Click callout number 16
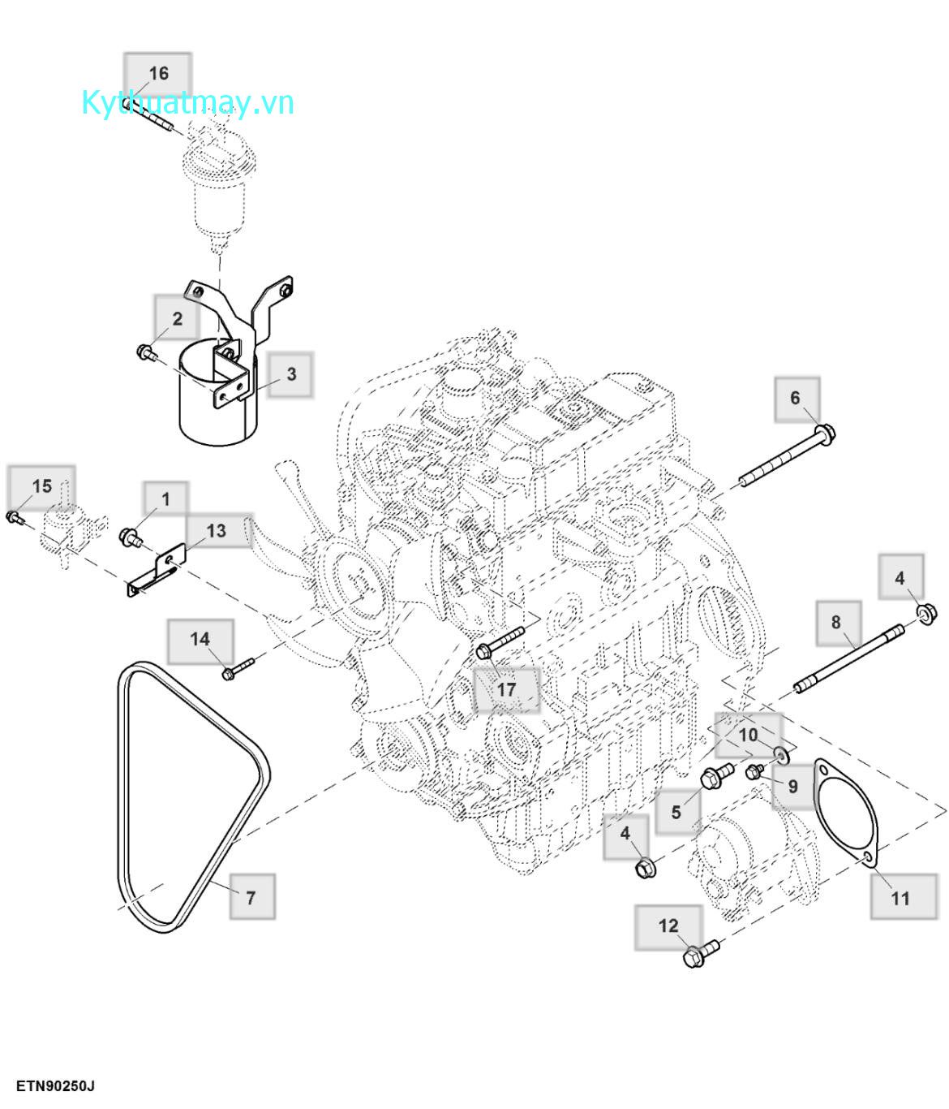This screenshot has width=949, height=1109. (x=158, y=74)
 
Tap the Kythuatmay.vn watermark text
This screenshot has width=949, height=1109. (x=187, y=103)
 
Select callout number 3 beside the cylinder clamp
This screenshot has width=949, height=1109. (x=290, y=374)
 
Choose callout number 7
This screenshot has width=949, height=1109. (x=251, y=896)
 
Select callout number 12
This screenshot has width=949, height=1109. (x=668, y=926)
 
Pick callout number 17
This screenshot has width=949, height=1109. (x=506, y=690)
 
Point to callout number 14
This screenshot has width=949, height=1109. (x=200, y=640)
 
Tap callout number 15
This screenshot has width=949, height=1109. (x=41, y=486)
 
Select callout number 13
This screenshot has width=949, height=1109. (x=216, y=531)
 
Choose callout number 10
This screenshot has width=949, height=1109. (x=748, y=735)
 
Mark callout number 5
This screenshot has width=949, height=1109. (x=676, y=812)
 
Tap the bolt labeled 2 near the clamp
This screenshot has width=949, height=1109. (x=147, y=352)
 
